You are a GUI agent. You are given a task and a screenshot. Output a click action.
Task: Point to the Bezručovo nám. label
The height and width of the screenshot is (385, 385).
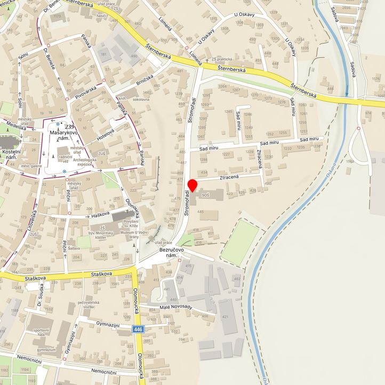pyautogui.click(x=171, y=253)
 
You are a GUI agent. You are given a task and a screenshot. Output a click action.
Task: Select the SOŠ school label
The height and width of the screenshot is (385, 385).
pyautogui.click(x=205, y=196)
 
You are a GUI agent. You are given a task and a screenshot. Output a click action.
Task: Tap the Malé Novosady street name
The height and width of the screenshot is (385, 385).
pyautogui.click(x=175, y=309)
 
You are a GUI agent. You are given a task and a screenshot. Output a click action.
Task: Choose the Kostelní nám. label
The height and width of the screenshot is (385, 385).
pyautogui.click(x=11, y=156)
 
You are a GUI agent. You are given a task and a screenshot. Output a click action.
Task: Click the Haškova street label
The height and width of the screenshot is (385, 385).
pyautogui.click(x=100, y=214)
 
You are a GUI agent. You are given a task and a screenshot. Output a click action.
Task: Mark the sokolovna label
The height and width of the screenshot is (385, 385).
pyautogui.click(x=141, y=99)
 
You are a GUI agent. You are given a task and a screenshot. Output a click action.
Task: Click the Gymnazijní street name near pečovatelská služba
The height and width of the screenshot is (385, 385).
pyautogui.click(x=107, y=325)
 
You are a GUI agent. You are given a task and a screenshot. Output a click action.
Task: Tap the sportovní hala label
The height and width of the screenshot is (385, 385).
pyautogui.click(x=41, y=333)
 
